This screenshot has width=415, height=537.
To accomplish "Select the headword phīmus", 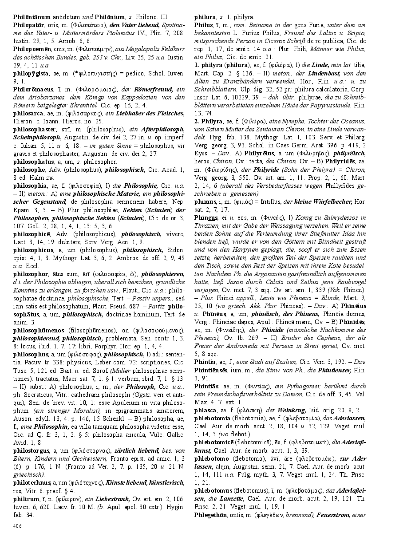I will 205,202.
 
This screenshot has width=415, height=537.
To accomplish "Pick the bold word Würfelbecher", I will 329,202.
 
